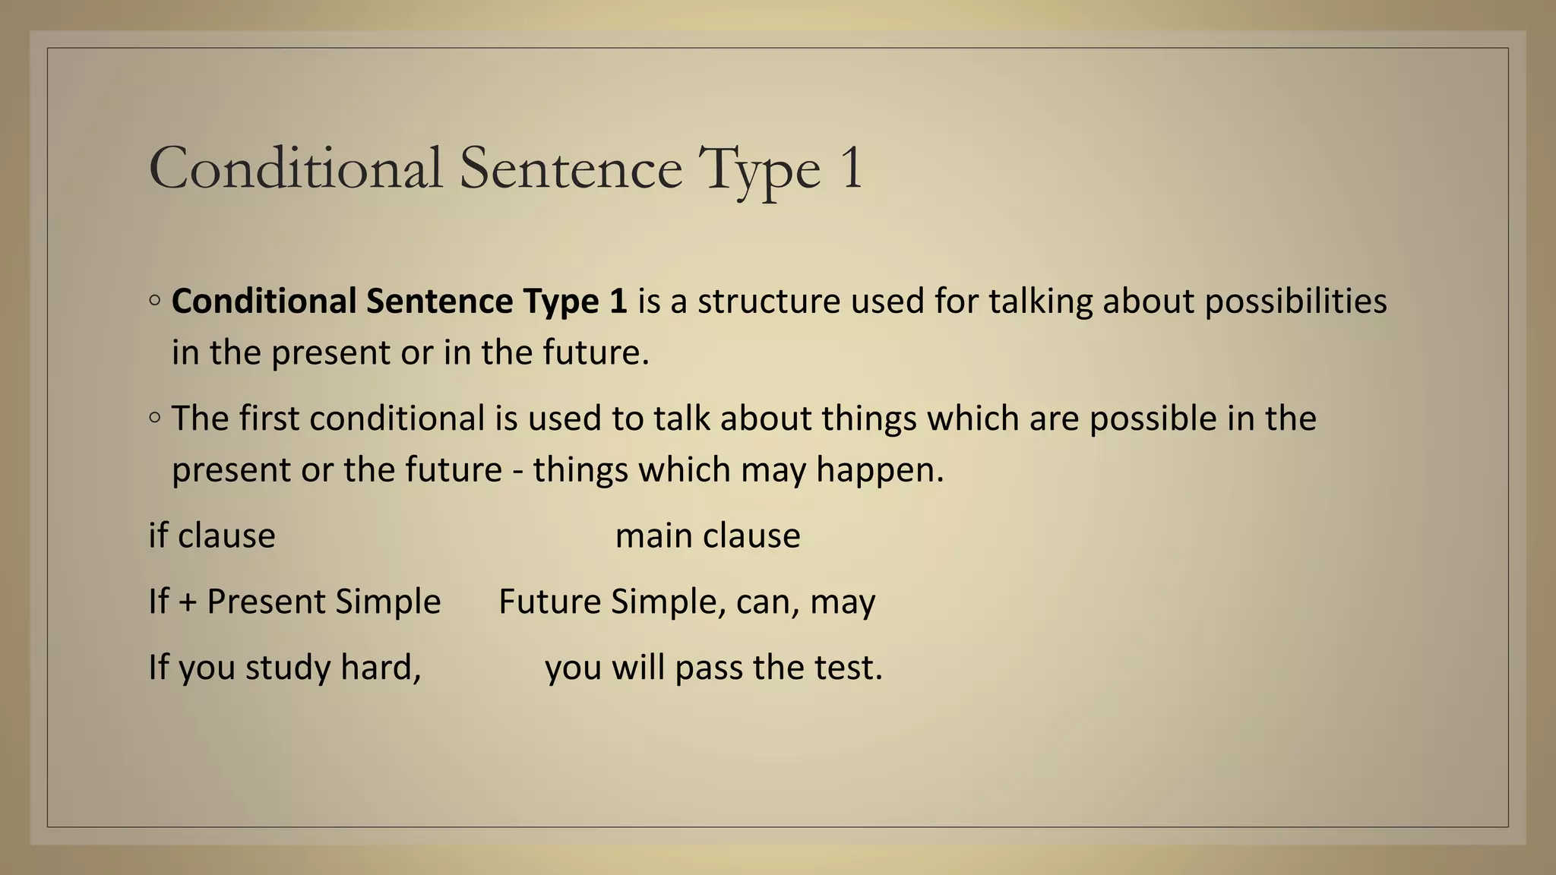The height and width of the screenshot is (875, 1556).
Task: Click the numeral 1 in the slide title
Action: tap(852, 168)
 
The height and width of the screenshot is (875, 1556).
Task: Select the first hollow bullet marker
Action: tap(155, 301)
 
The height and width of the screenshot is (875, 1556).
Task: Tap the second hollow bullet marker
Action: tap(155, 418)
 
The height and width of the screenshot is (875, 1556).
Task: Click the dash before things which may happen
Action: tap(517, 471)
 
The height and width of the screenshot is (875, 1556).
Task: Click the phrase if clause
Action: tap(212, 535)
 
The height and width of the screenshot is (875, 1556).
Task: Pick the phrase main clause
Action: tap(707, 535)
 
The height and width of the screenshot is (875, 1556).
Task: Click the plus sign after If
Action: tap(188, 602)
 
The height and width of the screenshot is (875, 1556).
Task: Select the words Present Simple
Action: tap(324, 602)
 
